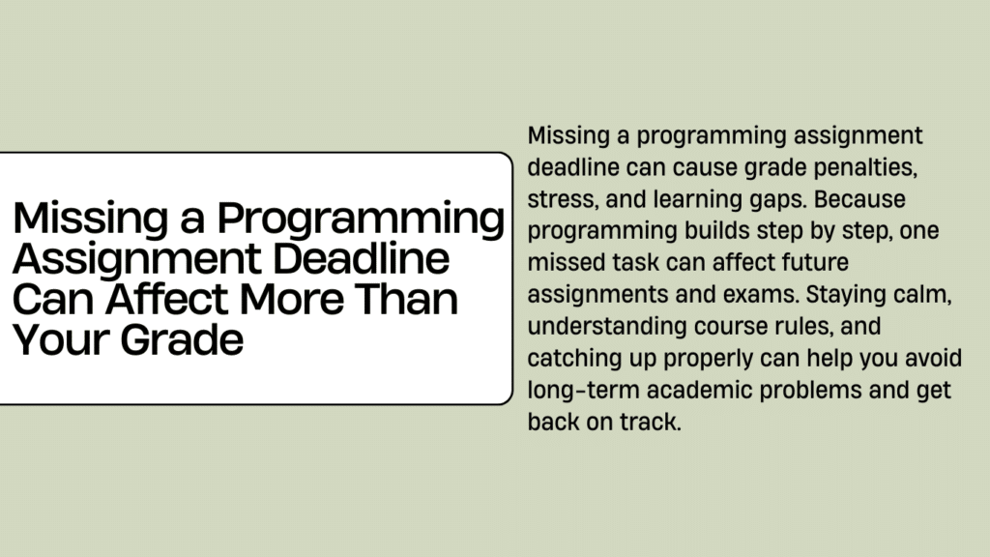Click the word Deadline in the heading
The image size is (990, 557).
pyautogui.click(x=362, y=258)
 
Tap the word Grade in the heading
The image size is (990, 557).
pyautogui.click(x=182, y=340)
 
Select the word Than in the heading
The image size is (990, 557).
pyautogui.click(x=406, y=300)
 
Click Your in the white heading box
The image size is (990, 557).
pyautogui.click(x=61, y=340)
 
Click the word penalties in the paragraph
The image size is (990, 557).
pyautogui.click(x=865, y=167)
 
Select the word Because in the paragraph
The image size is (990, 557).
pyautogui.click(x=859, y=199)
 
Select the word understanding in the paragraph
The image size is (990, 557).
pyautogui.click(x=607, y=327)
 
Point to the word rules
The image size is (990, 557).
pyautogui.click(x=801, y=327)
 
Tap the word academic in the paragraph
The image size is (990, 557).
pyautogui.click(x=700, y=390)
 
